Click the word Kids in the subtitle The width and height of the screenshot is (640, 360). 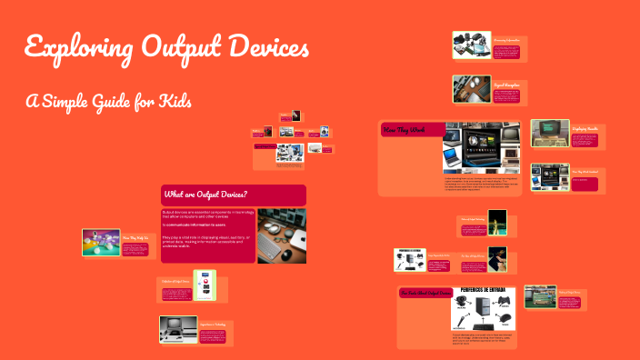coord(174,100)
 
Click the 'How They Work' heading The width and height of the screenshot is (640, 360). coord(404,130)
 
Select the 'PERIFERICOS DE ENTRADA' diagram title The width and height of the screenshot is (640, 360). coord(483,292)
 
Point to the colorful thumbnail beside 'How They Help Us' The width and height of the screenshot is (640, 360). coord(100,242)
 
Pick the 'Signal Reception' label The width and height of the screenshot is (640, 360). coord(505,84)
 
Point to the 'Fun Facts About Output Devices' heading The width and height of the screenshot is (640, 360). coord(424,293)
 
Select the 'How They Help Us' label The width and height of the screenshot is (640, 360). coord(135,235)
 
